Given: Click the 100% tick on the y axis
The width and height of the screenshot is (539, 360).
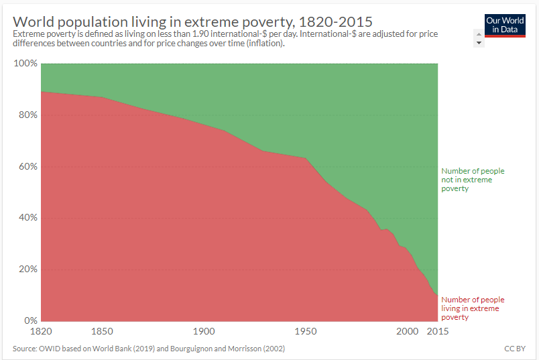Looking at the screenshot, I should pos(25,64).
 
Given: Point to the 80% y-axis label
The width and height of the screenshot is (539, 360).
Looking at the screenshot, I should pos(27,115).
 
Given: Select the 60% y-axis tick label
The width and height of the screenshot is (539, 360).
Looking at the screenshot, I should pos(27,166).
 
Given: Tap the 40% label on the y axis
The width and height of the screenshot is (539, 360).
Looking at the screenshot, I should pos(27,218).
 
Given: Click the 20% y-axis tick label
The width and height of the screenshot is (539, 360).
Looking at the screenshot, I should pos(27,269).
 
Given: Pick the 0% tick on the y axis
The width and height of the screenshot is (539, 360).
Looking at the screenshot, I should pos(30,320).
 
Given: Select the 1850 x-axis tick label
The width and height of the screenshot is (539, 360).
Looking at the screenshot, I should pos(102,332).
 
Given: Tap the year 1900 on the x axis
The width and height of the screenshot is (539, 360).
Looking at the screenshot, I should pos(204,332).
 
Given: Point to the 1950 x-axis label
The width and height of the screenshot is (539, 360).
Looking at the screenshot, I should pos(306,332).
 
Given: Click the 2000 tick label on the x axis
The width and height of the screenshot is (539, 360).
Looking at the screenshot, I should pos(407,332).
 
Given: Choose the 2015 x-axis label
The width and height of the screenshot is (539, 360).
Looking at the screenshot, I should pos(438,332).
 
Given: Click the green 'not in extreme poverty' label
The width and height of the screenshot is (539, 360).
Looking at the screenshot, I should pos(472,180).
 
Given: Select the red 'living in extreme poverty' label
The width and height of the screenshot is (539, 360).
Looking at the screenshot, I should pos(472,308).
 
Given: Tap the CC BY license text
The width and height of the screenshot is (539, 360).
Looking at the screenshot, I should pos(515,349).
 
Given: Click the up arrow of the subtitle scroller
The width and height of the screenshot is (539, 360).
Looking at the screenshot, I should pos(479,34).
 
